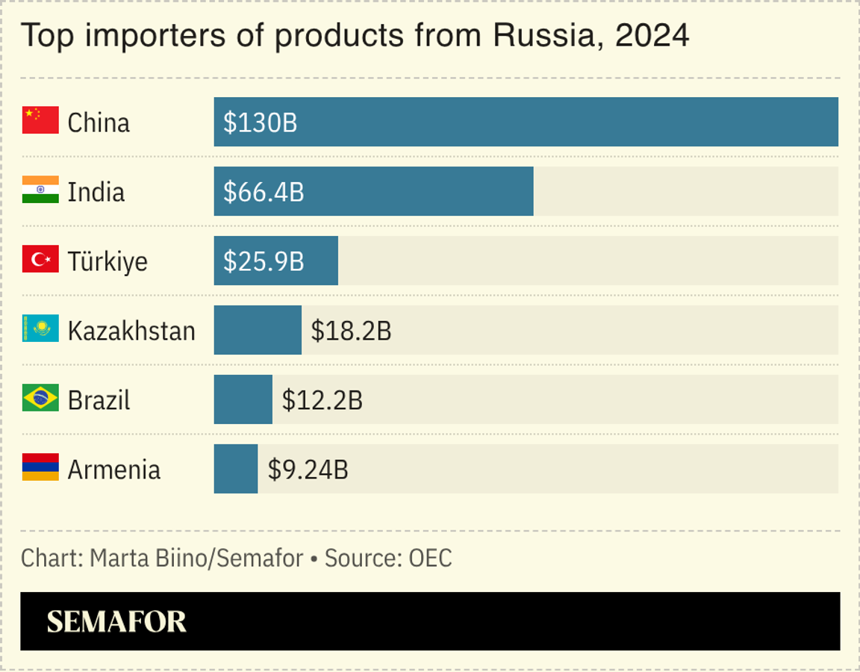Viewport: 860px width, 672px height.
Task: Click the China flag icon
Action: [40, 120]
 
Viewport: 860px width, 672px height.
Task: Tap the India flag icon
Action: [40, 190]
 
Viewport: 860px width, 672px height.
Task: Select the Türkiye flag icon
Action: [40, 259]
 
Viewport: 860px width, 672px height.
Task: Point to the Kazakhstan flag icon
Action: [40, 329]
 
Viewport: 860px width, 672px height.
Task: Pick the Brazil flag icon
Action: [40, 398]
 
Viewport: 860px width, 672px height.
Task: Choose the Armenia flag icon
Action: [40, 467]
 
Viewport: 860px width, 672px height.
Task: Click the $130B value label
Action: [260, 122]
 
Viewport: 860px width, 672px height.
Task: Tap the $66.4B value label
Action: [264, 192]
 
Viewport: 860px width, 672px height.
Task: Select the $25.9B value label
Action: [264, 261]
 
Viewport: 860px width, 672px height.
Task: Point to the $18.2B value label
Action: [351, 331]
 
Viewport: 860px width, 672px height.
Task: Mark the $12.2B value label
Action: [322, 400]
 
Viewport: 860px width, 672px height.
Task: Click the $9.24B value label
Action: [308, 470]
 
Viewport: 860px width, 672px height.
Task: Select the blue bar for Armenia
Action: [236, 469]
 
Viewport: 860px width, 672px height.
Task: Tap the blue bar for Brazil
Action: [243, 399]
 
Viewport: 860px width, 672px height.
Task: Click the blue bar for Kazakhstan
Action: [258, 330]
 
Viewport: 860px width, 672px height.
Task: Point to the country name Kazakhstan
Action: [131, 331]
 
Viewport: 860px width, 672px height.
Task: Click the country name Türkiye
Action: [107, 261]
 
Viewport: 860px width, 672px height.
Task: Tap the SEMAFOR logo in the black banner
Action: [116, 621]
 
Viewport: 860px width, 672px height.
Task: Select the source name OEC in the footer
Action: [430, 558]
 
